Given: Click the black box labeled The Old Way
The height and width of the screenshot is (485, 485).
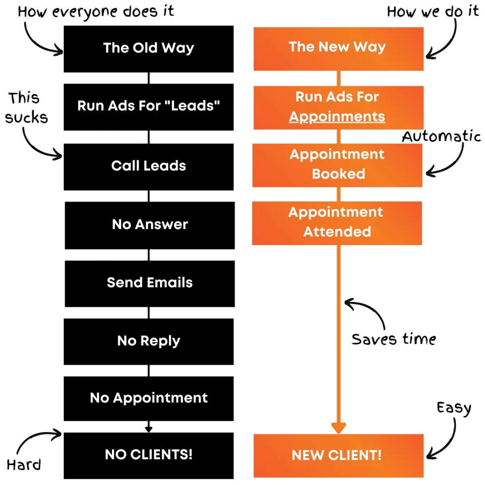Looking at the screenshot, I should [148, 49].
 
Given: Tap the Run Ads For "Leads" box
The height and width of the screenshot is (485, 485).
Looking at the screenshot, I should [148, 107].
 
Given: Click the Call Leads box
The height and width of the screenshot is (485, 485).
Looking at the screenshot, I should [148, 167].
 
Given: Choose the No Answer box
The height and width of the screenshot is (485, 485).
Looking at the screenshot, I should [150, 225].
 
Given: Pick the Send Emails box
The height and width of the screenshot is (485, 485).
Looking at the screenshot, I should [150, 283].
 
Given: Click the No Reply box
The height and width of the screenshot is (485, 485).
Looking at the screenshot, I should [148, 342].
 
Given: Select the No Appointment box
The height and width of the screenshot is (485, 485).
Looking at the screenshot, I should [148, 399].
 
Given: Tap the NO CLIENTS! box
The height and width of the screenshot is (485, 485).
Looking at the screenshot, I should [148, 455].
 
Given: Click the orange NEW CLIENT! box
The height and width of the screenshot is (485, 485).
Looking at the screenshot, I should [338, 455].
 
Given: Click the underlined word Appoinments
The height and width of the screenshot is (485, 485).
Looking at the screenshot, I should [337, 117].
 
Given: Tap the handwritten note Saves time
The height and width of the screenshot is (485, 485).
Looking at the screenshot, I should [393, 339].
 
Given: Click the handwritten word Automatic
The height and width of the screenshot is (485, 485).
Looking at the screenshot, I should [441, 137].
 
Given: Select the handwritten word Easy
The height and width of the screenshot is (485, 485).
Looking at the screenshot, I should [454, 408].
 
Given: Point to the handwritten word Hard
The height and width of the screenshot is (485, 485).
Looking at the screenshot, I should [24, 465].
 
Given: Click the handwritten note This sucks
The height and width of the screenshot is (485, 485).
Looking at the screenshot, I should [26, 108].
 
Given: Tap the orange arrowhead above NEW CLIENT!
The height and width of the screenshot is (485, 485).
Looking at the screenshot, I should [338, 428].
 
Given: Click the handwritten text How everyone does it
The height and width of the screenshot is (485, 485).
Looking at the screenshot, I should [96, 12].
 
